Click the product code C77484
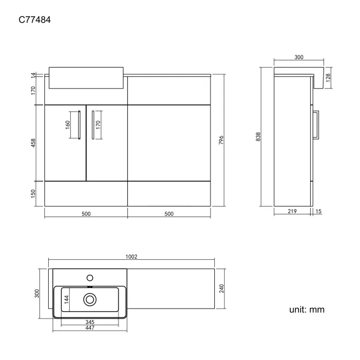click(x=35, y=20)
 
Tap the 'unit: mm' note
click(x=307, y=310)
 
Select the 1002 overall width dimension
click(x=131, y=256)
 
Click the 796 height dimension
click(x=221, y=140)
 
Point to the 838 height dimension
click(x=258, y=137)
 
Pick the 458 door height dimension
click(x=33, y=143)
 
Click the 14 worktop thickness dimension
click(x=33, y=75)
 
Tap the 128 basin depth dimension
click(x=328, y=78)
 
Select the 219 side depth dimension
click(x=292, y=211)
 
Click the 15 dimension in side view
click(x=318, y=211)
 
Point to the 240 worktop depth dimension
click(x=222, y=289)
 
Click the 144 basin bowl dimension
click(x=66, y=300)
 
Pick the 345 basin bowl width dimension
click(x=90, y=322)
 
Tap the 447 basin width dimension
click(x=90, y=328)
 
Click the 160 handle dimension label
click(x=68, y=125)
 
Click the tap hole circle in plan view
click(x=90, y=278)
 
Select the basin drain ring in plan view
click(x=90, y=300)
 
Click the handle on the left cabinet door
click(x=79, y=125)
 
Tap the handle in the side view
click(x=316, y=125)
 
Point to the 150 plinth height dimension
click(x=33, y=193)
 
